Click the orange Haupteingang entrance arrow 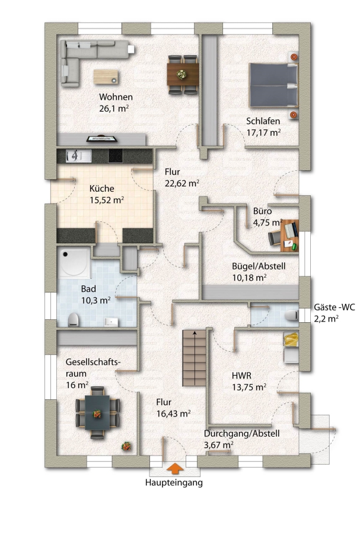pyautogui.click(x=175, y=468)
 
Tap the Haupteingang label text pyautogui.click(x=174, y=482)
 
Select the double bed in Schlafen pyautogui.click(x=273, y=85)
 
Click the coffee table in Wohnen pyautogui.click(x=106, y=77)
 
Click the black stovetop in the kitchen pyautogui.click(x=115, y=155)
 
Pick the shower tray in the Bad pyautogui.click(x=74, y=262)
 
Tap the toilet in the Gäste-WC pyautogui.click(x=291, y=316)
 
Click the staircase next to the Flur pyautogui.click(x=195, y=358)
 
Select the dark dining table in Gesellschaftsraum pyautogui.click(x=97, y=412)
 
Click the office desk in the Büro pyautogui.click(x=289, y=236)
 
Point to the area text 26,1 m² pyautogui.click(x=114, y=109)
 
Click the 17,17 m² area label pyautogui.click(x=263, y=132)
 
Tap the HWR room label pyautogui.click(x=241, y=376)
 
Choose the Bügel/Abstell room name pyautogui.click(x=259, y=266)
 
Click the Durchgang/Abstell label pyautogui.click(x=241, y=434)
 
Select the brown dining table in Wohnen pyautogui.click(x=183, y=74)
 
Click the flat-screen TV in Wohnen pyautogui.click(x=102, y=139)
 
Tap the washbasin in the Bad pyautogui.click(x=111, y=322)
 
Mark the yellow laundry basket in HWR pyautogui.click(x=291, y=340)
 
